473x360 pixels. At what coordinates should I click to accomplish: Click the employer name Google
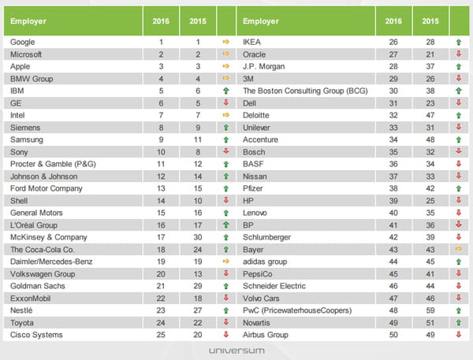[x=22, y=42]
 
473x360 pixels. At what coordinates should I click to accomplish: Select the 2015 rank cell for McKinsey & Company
[x=198, y=237]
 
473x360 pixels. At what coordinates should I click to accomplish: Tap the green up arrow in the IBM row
[x=226, y=91]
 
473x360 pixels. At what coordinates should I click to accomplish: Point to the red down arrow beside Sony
[x=226, y=151]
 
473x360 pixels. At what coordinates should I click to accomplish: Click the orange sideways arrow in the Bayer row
[x=459, y=249]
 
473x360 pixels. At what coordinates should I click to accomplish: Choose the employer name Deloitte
[x=255, y=115]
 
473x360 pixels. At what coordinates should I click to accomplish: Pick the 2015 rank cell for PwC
[x=430, y=310]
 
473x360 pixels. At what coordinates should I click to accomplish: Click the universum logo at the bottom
[x=236, y=351]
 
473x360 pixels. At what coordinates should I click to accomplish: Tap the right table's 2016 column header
[x=393, y=21]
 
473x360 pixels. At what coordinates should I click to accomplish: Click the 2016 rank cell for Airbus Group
[x=393, y=335]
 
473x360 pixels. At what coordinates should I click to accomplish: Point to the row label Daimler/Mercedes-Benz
[x=51, y=262]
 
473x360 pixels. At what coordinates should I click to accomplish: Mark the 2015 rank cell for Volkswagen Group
[x=198, y=274]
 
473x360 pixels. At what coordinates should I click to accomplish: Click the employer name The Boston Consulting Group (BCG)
[x=305, y=91]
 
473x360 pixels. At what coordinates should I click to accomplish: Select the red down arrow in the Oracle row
[x=459, y=54]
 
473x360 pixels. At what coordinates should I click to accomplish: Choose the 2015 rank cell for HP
[x=430, y=201]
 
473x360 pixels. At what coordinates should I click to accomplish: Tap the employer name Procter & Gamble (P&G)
[x=53, y=164]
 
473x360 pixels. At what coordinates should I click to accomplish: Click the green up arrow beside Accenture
[x=459, y=139]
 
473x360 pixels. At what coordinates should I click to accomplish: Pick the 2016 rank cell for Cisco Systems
[x=161, y=335]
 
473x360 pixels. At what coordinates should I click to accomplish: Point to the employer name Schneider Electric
[x=274, y=286]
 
